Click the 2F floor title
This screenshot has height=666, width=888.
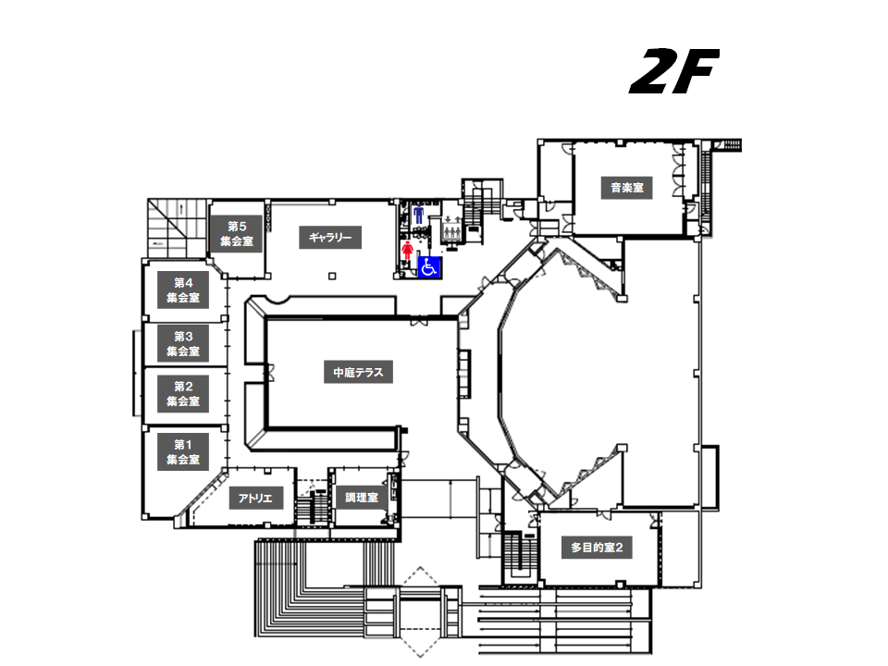click(673, 73)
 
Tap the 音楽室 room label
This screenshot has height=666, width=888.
click(626, 189)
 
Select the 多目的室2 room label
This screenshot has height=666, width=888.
click(597, 548)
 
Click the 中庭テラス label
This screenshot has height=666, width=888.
click(358, 374)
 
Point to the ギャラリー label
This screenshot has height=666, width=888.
click(330, 238)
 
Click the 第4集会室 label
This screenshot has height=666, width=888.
click(182, 290)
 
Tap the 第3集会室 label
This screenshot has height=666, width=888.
click(182, 343)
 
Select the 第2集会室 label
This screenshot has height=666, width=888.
click(182, 394)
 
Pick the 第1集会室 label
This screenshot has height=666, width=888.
click(182, 451)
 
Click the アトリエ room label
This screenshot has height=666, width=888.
click(254, 498)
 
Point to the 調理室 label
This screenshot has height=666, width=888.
click(361, 498)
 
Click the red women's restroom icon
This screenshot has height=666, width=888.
click(408, 250)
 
